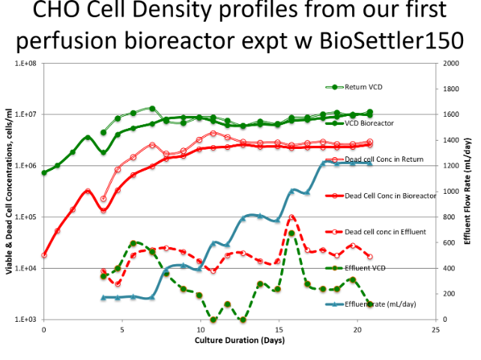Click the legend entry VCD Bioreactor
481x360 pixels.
pyautogui.click(x=374, y=123)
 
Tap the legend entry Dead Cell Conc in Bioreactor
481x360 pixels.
pyautogui.click(x=390, y=195)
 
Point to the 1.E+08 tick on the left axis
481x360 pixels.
pyautogui.click(x=27, y=64)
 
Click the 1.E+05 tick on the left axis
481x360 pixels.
pyautogui.click(x=27, y=217)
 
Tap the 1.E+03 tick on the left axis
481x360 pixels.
pyautogui.click(x=27, y=320)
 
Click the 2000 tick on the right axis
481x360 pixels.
pyautogui.click(x=450, y=64)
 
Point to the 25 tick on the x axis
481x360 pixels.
pyautogui.click(x=435, y=329)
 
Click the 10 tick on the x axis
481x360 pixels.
pyautogui.click(x=200, y=329)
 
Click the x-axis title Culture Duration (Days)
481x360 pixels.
pyautogui.click(x=237, y=341)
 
